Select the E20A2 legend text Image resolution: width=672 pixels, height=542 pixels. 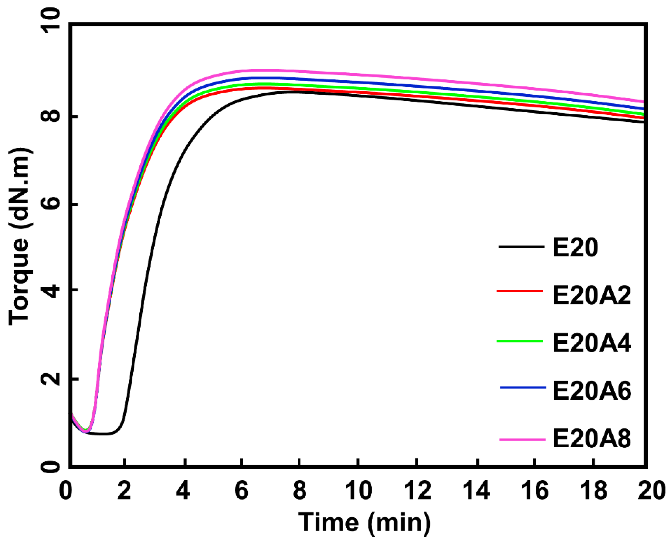591,296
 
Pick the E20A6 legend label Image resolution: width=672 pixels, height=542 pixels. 591,391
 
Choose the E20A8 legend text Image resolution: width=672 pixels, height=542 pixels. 591,439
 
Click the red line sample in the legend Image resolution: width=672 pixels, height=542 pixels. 520,291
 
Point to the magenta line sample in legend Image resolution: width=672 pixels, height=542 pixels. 522,440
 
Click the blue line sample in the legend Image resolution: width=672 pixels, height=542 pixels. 523,388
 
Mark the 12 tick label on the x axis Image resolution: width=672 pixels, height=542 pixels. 417,490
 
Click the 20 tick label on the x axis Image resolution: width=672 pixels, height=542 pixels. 651,490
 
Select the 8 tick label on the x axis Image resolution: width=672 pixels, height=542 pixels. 299,490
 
